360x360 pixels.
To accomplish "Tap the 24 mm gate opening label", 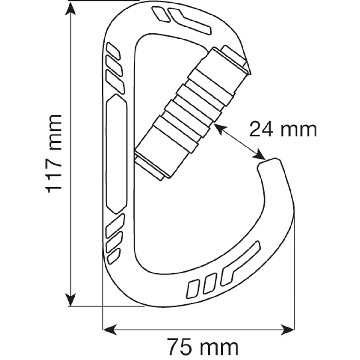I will click(283, 129).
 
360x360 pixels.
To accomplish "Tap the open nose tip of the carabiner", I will click(268, 164).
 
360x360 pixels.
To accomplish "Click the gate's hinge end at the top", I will click(235, 58).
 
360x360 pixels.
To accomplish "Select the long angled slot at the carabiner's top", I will click(189, 21).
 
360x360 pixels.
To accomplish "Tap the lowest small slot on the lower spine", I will click(114, 256).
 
